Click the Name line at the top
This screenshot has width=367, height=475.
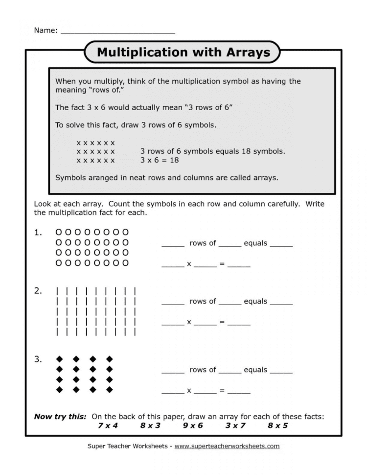pyautogui.click(x=117, y=30)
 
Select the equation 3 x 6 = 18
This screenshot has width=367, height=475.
pyautogui.click(x=160, y=160)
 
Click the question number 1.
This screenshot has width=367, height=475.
pyautogui.click(x=38, y=233)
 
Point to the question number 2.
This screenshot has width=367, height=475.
pyautogui.click(x=38, y=291)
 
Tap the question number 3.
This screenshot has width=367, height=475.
pyautogui.click(x=38, y=359)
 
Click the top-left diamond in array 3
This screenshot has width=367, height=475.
pyautogui.click(x=59, y=358)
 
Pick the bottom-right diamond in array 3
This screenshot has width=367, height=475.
pyautogui.click(x=110, y=390)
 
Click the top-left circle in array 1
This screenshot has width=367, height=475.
pyautogui.click(x=59, y=232)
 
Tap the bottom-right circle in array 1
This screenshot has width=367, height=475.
pyautogui.click(x=126, y=263)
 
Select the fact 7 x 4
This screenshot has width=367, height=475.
pyautogui.click(x=108, y=426)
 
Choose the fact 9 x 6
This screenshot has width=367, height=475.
pyautogui.click(x=193, y=426)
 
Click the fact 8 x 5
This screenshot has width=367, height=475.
pyautogui.click(x=277, y=426)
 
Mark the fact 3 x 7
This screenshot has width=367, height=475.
pyautogui.click(x=235, y=426)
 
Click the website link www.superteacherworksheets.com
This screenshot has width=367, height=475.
pyautogui.click(x=227, y=446)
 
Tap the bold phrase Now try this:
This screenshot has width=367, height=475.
pyautogui.click(x=60, y=417)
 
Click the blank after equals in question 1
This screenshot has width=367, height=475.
pyautogui.click(x=281, y=244)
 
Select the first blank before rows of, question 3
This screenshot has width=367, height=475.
pyautogui.click(x=173, y=371)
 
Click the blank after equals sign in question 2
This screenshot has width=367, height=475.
pyautogui.click(x=239, y=323)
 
